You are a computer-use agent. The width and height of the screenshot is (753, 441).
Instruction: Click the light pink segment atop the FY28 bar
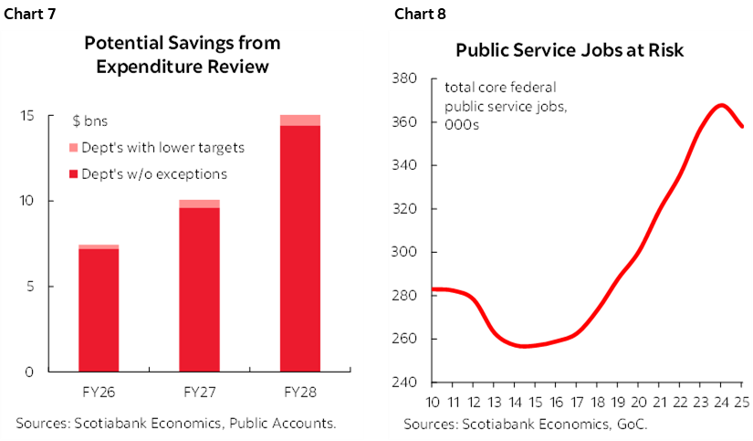pos(299,121)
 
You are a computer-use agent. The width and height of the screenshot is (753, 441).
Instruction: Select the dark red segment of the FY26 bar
pos(99,310)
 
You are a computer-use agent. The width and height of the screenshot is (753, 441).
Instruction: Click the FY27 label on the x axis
pos(199,393)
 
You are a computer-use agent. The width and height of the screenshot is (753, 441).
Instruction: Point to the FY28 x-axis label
pos(299,393)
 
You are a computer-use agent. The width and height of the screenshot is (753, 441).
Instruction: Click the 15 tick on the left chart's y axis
pos(29,116)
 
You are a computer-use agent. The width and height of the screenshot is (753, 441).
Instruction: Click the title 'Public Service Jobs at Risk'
pos(570,51)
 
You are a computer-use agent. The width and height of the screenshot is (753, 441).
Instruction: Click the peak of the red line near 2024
pos(721,105)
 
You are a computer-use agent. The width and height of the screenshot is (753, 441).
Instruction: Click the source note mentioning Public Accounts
pos(176,423)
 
